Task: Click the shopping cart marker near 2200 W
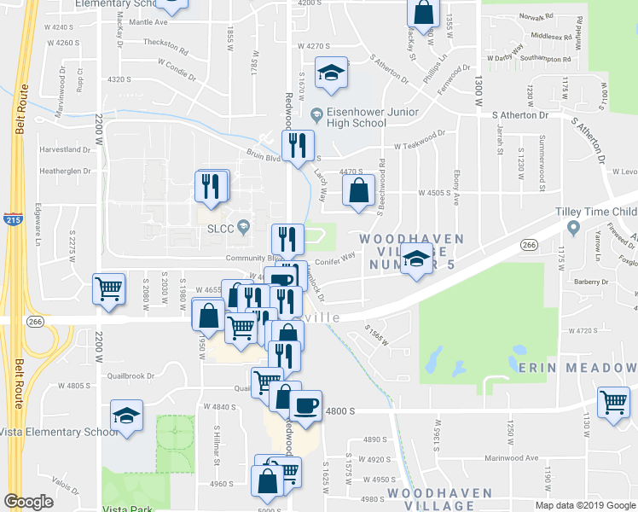(109, 289)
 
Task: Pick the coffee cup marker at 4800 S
(306, 405)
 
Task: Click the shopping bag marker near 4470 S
(358, 192)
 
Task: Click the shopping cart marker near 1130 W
(613, 404)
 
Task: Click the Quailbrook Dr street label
(131, 375)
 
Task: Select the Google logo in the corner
(28, 502)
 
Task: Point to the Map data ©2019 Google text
(585, 504)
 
